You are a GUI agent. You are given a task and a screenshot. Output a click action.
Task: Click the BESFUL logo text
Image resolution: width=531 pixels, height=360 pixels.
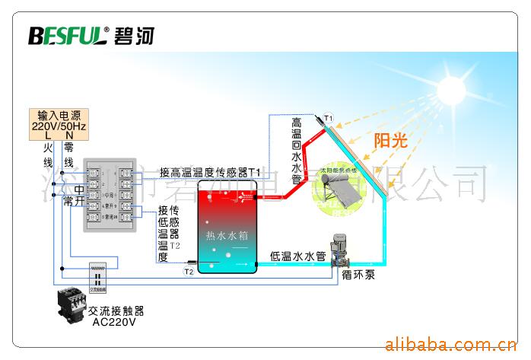67,36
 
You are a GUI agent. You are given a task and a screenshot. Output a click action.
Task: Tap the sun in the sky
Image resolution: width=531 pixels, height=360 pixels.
455,90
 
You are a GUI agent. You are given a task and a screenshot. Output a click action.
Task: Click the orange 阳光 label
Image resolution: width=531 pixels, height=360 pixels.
391,139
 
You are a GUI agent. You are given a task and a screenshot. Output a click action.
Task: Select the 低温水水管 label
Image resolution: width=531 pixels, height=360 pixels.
298,256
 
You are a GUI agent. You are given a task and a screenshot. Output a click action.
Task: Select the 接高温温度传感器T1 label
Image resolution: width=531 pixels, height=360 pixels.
210,173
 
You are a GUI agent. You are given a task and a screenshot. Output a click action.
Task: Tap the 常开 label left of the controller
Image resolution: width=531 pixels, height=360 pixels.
74,202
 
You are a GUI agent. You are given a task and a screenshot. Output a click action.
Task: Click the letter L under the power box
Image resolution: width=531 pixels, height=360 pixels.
47,135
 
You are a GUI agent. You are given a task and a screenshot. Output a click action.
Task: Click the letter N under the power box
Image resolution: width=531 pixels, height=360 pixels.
68,135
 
